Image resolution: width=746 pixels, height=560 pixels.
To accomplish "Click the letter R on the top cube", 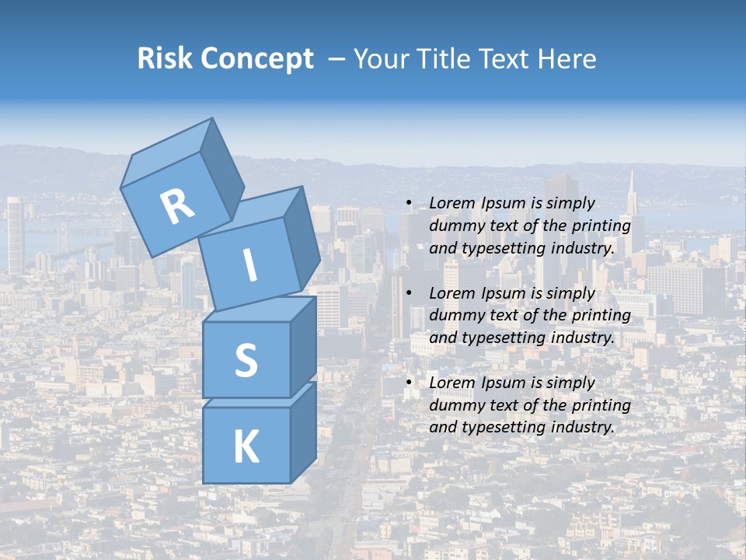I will pyautogui.click(x=177, y=206).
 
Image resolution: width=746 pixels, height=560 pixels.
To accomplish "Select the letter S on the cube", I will pyautogui.click(x=246, y=360).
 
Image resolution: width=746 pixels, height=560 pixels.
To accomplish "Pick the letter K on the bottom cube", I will pyautogui.click(x=246, y=447).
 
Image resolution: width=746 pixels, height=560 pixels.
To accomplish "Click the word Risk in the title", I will pyautogui.click(x=166, y=58).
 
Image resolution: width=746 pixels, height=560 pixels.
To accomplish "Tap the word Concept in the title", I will pyautogui.click(x=257, y=59).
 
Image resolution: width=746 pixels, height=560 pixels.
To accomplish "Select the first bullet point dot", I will pyautogui.click(x=410, y=204).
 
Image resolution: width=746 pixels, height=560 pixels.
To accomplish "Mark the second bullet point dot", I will pyautogui.click(x=410, y=294).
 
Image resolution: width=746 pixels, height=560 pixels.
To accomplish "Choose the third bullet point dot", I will pyautogui.click(x=410, y=383).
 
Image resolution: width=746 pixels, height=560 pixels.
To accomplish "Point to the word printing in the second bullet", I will pyautogui.click(x=603, y=316).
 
